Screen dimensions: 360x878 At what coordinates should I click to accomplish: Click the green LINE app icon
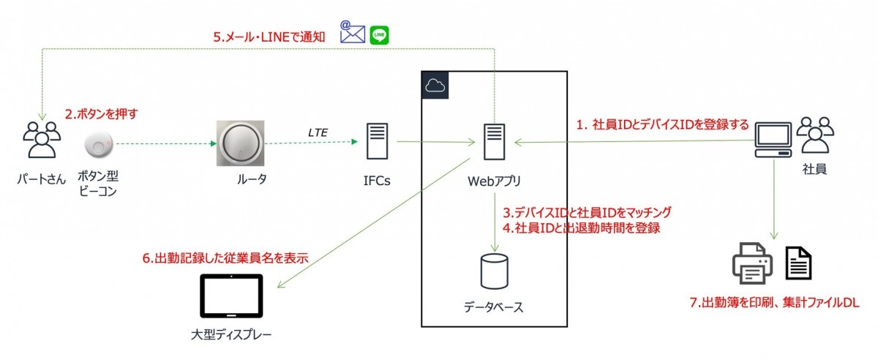(x=379, y=34)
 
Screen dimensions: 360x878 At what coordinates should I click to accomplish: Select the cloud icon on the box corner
(x=435, y=86)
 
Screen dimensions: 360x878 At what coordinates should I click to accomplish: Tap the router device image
(x=238, y=143)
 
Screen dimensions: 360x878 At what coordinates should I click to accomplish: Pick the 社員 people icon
(x=815, y=136)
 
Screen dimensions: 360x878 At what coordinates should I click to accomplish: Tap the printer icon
(x=751, y=263)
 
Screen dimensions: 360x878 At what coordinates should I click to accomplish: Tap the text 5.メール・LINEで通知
(x=269, y=36)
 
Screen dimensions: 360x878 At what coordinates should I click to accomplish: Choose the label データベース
(x=494, y=307)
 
